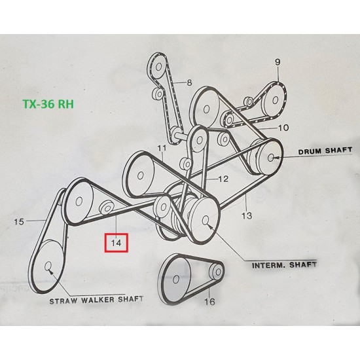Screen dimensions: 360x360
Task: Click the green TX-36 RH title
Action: tap(48, 104)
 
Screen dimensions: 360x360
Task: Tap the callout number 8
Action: tap(189, 82)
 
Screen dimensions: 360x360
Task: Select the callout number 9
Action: tap(278, 62)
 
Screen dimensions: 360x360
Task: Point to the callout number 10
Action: tap(283, 128)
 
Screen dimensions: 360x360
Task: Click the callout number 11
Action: tap(162, 148)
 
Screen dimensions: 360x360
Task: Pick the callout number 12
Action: tap(223, 179)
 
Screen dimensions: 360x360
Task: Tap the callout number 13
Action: tap(247, 215)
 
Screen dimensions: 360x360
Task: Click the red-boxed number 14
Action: tap(116, 243)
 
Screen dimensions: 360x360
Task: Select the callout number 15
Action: tap(19, 222)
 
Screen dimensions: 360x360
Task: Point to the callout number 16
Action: tap(210, 302)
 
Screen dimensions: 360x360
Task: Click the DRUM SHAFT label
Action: tap(325, 151)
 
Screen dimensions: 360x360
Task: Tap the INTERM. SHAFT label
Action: tap(284, 265)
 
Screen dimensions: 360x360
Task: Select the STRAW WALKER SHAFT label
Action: tap(96, 300)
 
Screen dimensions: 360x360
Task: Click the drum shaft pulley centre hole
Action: tap(271, 157)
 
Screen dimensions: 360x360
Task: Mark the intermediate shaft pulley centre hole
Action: tap(206, 220)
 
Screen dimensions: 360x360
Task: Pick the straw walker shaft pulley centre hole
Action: tap(48, 266)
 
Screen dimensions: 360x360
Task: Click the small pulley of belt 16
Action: tap(216, 272)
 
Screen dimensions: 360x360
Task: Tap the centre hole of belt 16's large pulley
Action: tap(176, 279)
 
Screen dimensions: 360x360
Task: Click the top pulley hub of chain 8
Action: tap(158, 67)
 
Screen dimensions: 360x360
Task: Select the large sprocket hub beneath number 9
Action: tap(276, 100)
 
